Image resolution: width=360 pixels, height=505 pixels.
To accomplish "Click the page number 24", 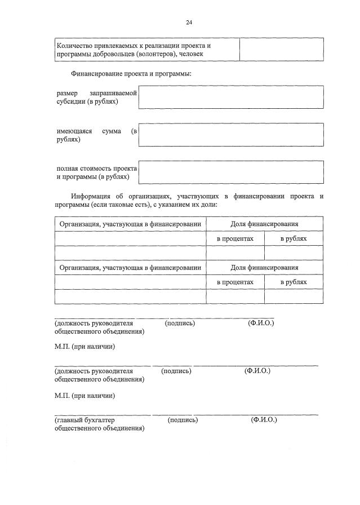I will tap(189, 22).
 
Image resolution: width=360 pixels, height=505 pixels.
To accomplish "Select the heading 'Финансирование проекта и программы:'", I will tap(131, 74).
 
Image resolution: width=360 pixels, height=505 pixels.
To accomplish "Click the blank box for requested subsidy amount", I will tap(230, 97).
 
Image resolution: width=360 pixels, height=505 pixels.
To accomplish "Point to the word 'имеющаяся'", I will tap(74, 131).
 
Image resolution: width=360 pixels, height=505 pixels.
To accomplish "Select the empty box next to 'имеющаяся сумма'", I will tap(230, 135).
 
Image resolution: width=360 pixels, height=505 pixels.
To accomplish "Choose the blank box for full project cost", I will tap(230, 172).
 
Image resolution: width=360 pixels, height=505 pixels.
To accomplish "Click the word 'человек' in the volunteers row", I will tap(190, 54).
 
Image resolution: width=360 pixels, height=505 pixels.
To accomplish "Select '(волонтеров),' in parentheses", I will tap(154, 54).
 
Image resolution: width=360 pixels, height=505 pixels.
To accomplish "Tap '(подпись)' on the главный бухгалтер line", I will tap(183, 420).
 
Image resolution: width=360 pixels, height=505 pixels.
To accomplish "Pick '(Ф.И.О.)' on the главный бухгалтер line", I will tap(264, 420).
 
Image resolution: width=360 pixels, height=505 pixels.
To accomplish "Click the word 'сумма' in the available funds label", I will tap(112, 131).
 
